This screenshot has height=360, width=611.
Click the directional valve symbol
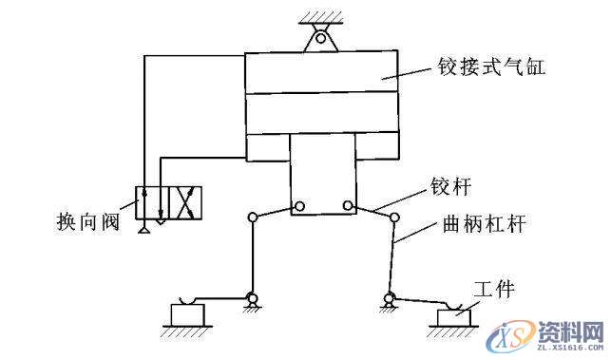point(170,203)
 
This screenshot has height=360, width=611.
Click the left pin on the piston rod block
point(299,205)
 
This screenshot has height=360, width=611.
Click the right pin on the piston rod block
point(349,205)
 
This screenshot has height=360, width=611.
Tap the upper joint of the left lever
point(253,218)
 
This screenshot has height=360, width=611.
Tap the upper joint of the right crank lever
point(393,218)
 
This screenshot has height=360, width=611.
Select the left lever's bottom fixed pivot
point(253,302)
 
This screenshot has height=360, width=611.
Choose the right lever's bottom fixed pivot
point(389,303)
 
